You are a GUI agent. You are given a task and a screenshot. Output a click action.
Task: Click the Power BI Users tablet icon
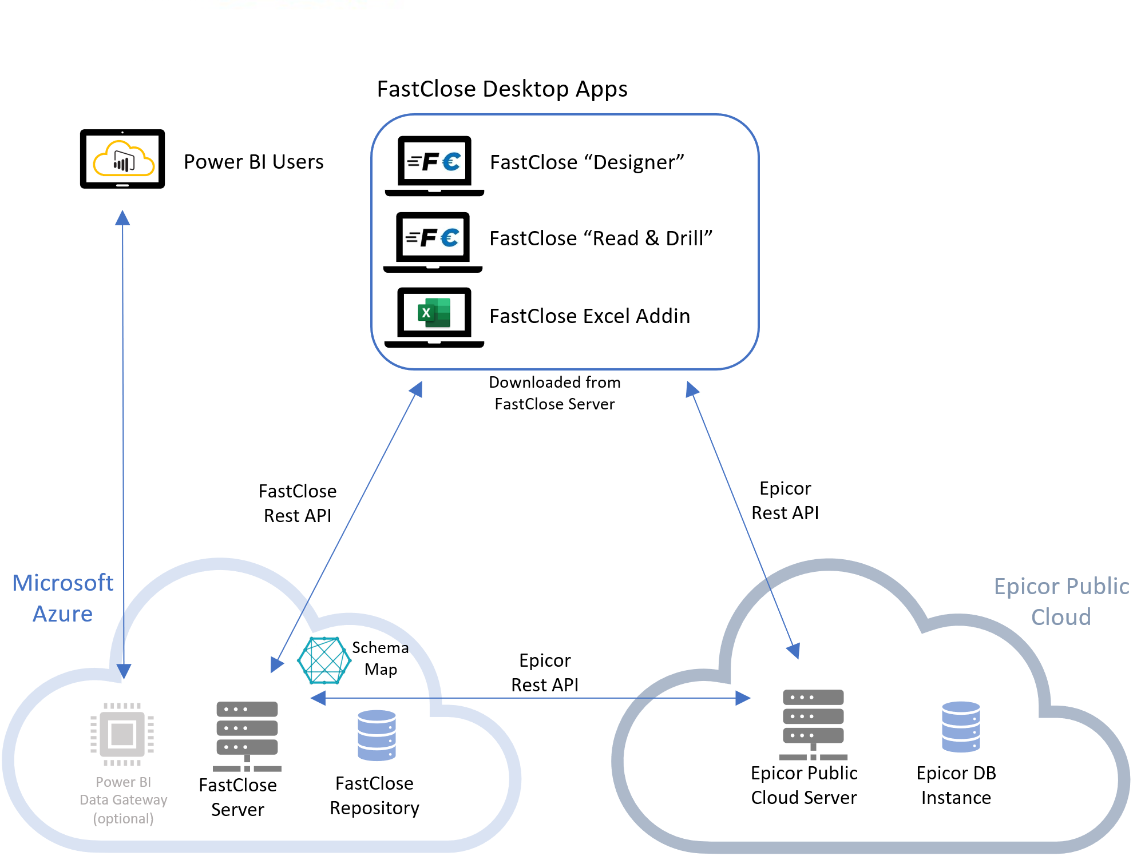coord(122,159)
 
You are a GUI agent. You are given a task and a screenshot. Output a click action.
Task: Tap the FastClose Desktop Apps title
coord(502,89)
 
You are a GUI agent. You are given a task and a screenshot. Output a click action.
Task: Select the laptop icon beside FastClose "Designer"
coord(434,165)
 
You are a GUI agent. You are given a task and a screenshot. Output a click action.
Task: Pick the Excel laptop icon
coord(434,317)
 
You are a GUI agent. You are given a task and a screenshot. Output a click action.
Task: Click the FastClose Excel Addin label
coord(589,316)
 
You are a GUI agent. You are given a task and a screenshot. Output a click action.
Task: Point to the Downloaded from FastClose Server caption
coord(554,393)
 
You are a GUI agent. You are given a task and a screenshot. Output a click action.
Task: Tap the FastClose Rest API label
coord(298,503)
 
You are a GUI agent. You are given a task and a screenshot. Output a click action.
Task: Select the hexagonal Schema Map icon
coord(324,660)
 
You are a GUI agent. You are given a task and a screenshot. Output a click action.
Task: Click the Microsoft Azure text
coord(63,598)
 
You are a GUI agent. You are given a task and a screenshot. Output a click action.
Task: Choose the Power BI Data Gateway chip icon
coord(122,734)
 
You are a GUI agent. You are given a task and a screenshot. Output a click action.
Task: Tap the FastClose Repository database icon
coord(377,735)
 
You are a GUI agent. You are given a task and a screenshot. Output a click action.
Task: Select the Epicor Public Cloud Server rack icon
coord(813,724)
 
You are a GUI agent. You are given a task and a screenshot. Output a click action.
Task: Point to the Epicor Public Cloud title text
coord(1061,602)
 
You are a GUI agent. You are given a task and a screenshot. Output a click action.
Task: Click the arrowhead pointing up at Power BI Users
coord(122,218)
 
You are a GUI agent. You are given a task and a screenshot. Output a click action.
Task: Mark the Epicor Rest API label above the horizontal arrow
coord(545,672)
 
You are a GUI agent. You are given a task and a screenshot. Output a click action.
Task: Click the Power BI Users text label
coord(253,162)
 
